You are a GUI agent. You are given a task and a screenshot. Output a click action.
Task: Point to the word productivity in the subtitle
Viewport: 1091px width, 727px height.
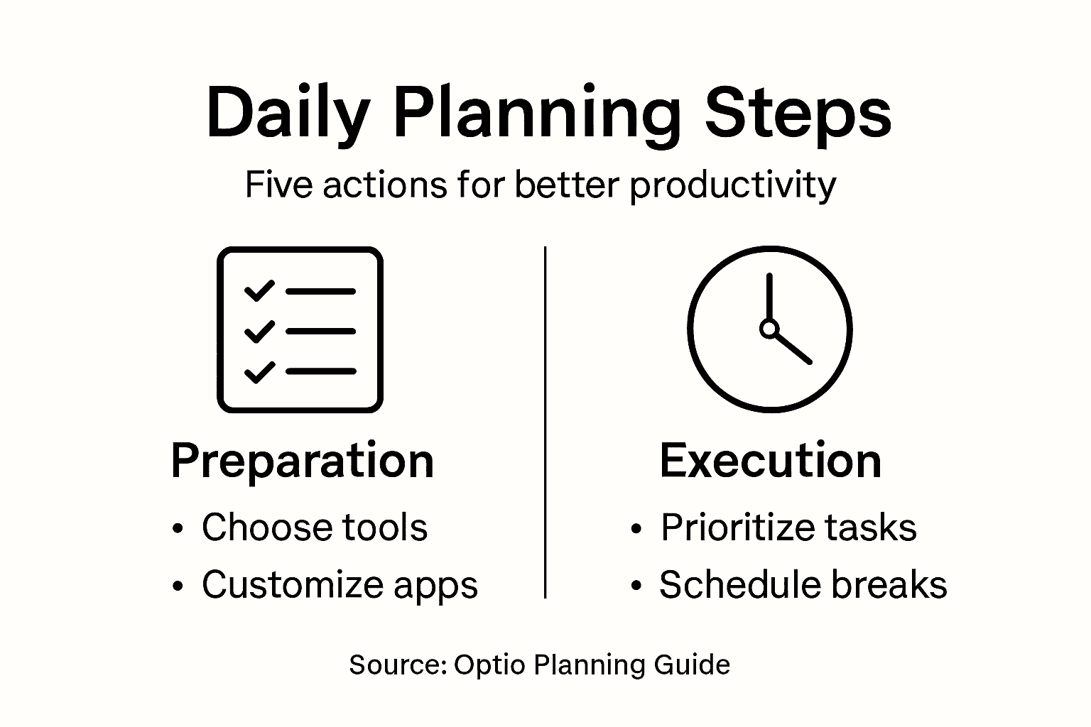(732, 186)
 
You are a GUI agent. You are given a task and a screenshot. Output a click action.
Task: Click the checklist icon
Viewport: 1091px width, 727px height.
(300, 329)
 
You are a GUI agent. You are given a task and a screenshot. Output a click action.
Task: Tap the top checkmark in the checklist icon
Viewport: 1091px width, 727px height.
(259, 290)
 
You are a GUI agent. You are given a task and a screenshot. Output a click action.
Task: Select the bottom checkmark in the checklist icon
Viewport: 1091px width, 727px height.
(259, 371)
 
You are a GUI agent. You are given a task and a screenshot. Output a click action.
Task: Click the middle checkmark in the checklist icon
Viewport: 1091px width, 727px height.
(259, 331)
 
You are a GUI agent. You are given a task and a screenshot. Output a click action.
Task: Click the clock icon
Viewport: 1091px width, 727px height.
(769, 329)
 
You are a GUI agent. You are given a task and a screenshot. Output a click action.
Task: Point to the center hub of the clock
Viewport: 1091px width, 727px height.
(769, 329)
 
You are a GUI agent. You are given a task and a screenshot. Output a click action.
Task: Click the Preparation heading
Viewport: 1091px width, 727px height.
(303, 461)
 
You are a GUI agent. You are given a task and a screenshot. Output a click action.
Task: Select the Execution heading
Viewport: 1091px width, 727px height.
(771, 461)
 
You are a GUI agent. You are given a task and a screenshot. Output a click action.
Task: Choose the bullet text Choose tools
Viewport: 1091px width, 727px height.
(315, 528)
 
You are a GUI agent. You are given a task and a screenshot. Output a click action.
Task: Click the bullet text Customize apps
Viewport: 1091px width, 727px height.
(340, 585)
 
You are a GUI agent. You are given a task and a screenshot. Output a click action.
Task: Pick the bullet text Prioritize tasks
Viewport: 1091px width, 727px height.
(788, 528)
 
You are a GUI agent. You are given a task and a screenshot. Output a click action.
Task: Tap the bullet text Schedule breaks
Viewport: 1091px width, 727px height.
(803, 585)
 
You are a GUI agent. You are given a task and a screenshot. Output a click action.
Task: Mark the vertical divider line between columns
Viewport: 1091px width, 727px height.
(545, 422)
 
